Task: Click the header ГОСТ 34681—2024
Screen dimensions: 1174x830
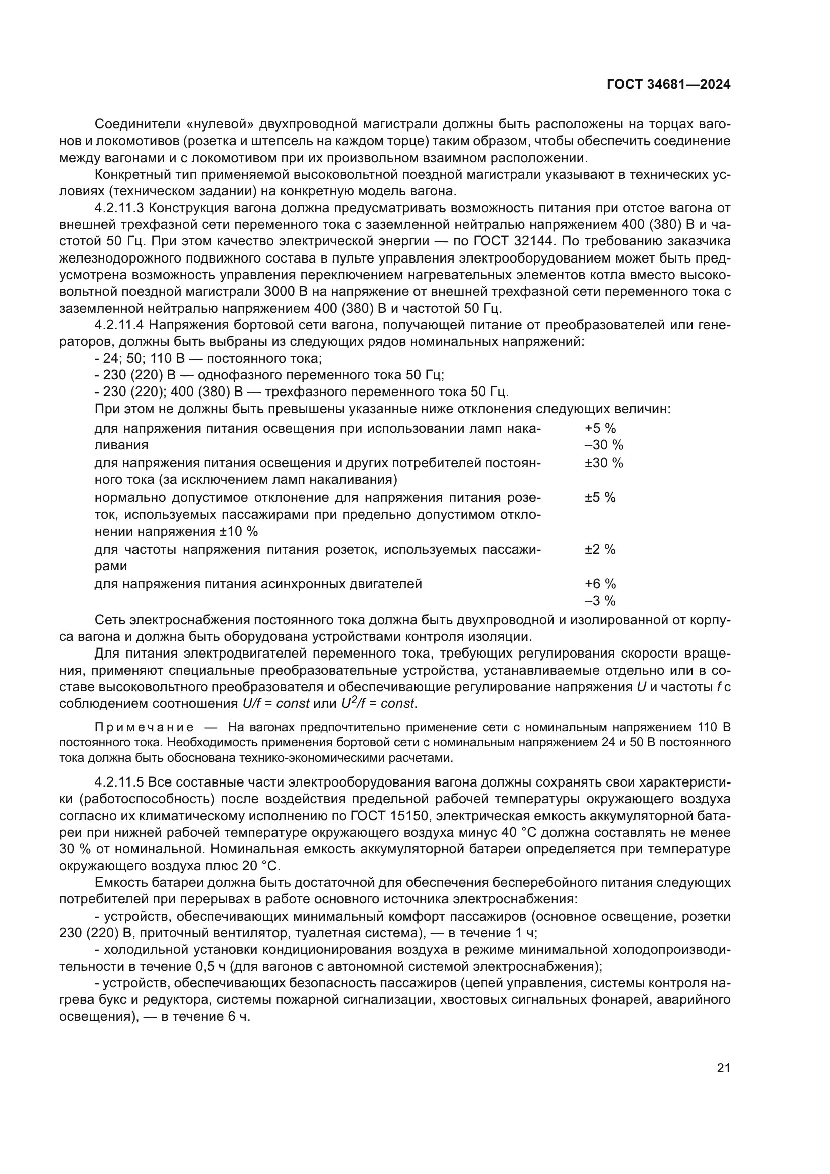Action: click(x=668, y=85)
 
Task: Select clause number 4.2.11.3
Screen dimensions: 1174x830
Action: click(x=120, y=208)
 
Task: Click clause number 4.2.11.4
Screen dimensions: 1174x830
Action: click(x=120, y=325)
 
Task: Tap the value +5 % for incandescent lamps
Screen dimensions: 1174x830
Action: click(x=600, y=429)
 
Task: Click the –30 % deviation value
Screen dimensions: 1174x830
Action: click(x=604, y=445)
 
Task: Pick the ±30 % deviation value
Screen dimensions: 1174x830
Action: click(x=604, y=463)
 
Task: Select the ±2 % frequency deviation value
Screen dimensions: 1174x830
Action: click(x=600, y=550)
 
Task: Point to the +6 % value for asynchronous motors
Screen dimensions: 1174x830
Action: click(x=600, y=584)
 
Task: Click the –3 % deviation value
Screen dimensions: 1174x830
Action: click(x=600, y=601)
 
